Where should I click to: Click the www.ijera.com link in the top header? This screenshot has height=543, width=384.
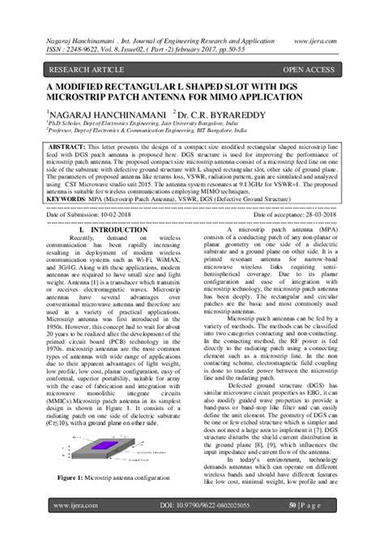(319, 36)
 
